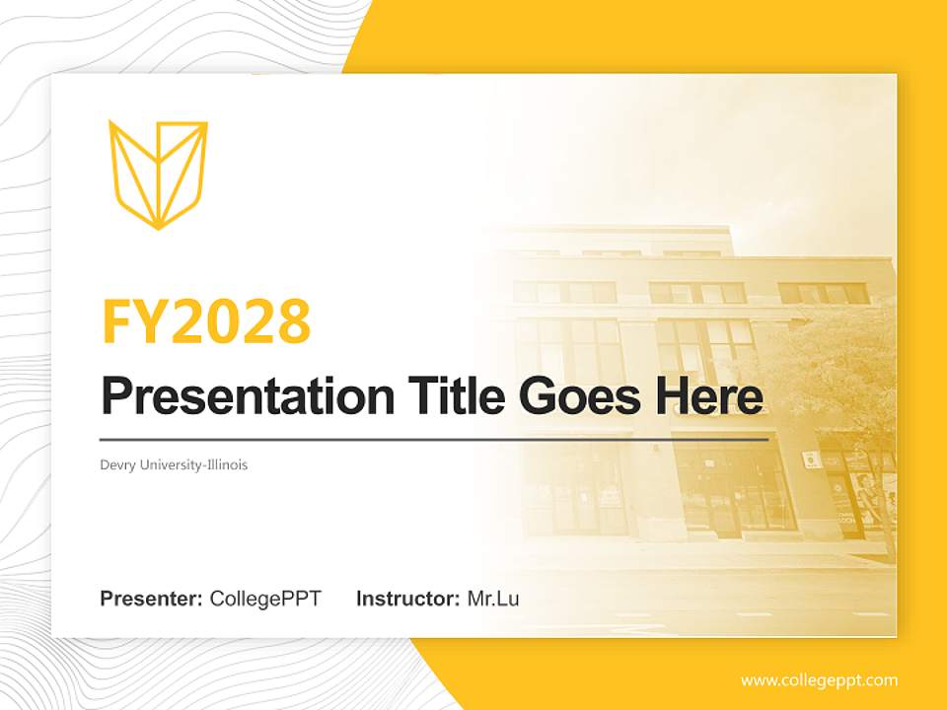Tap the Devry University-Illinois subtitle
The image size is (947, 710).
coord(174,464)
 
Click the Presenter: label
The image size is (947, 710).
coord(152,599)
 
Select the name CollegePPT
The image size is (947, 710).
coord(265,599)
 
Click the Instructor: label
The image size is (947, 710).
coord(407,599)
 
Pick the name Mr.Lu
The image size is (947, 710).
coord(493,599)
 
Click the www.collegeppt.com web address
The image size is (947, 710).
coord(819,680)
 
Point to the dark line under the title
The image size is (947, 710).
coord(434,439)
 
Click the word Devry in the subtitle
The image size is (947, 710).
coord(116,464)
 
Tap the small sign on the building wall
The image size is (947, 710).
coord(809,459)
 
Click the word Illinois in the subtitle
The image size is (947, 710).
coord(226,464)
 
